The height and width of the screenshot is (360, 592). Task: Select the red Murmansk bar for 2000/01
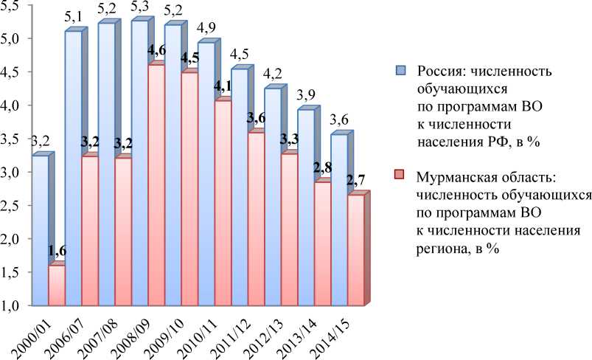pos(57,284)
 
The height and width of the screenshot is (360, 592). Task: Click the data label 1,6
pos(57,252)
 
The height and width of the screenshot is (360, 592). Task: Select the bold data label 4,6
pos(156,51)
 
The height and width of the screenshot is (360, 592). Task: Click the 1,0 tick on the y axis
pos(13,305)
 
